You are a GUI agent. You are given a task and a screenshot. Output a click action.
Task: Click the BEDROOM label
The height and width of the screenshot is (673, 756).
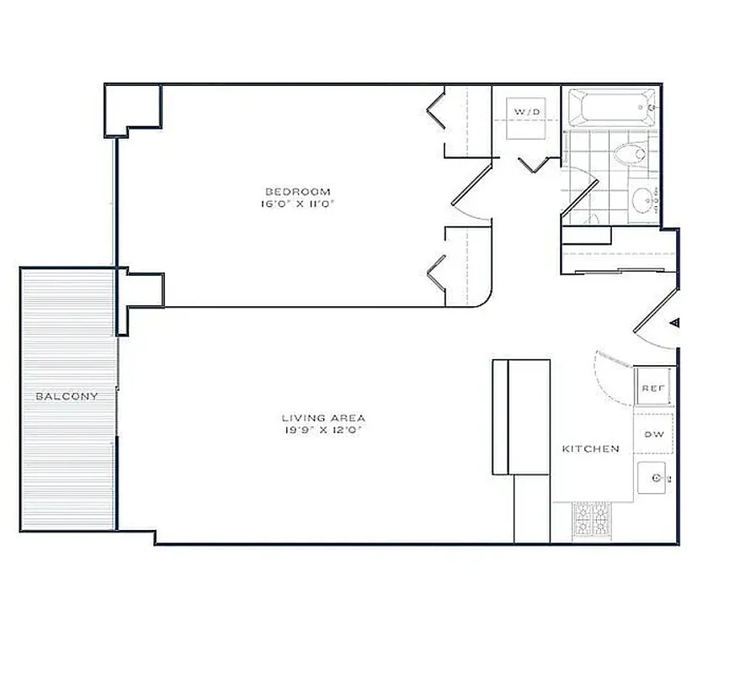pyautogui.click(x=295, y=191)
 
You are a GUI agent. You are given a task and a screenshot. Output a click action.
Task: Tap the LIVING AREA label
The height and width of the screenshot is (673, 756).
pyautogui.click(x=323, y=417)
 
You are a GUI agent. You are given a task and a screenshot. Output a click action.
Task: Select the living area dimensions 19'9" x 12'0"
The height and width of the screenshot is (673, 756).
pyautogui.click(x=323, y=430)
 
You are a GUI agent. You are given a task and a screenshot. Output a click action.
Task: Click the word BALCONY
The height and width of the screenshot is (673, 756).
pyautogui.click(x=67, y=396)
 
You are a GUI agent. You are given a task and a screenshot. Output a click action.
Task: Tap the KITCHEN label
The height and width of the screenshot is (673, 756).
pyautogui.click(x=590, y=449)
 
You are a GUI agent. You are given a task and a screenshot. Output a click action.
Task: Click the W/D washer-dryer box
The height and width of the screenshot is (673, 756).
pyautogui.click(x=527, y=112)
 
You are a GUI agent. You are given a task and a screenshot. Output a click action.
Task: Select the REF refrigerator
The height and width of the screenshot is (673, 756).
pyautogui.click(x=653, y=388)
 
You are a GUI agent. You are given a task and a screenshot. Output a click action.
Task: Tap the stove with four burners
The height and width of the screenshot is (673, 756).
pyautogui.click(x=593, y=522)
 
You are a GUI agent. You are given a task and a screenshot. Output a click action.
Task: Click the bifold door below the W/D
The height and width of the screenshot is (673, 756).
pyautogui.click(x=534, y=164)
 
